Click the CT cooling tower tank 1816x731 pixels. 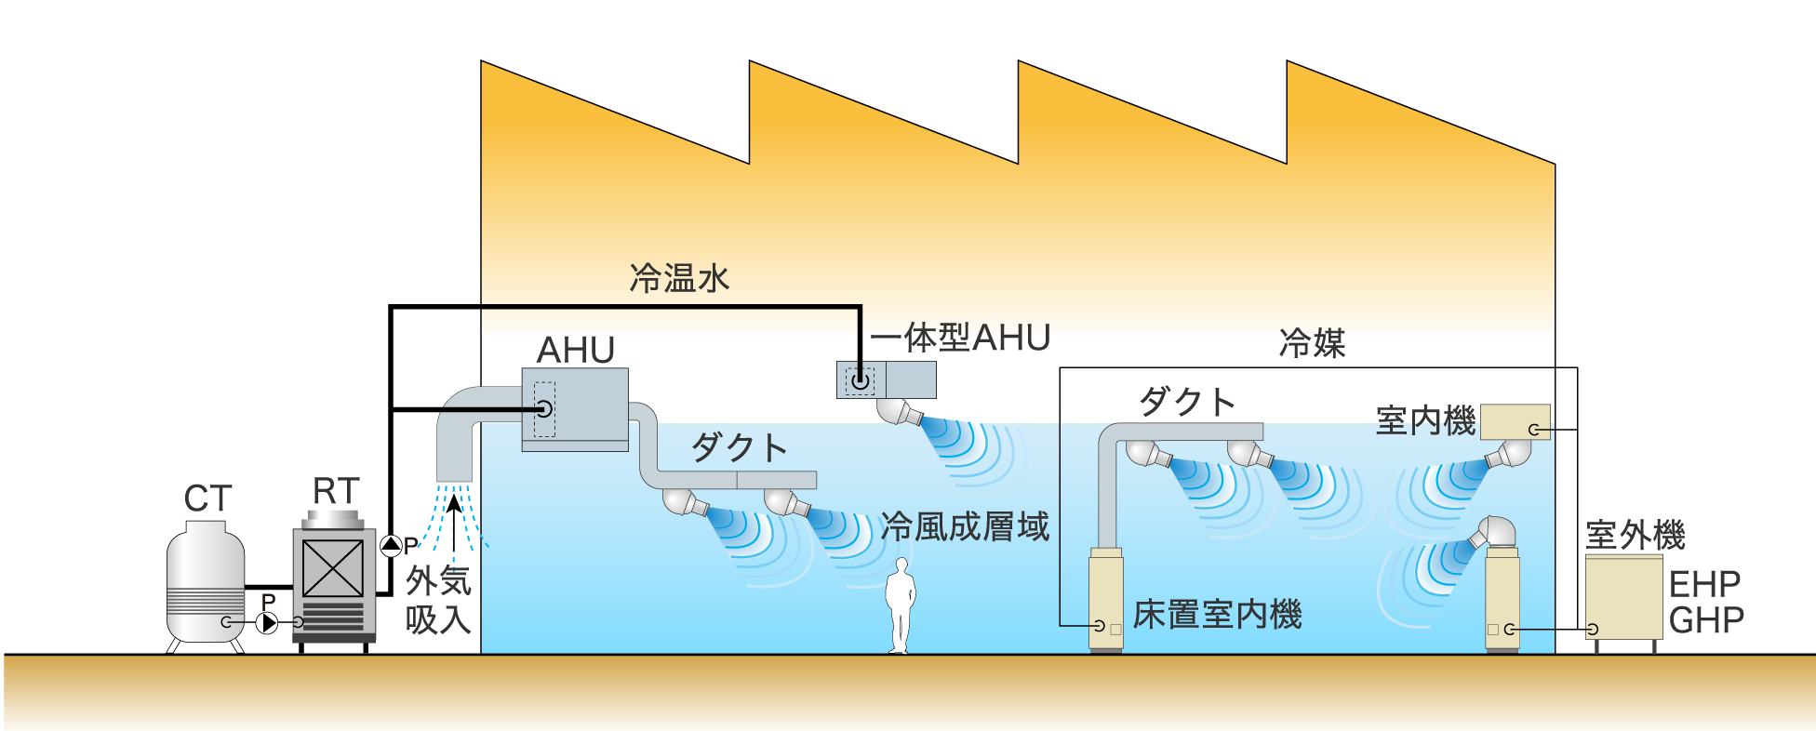click(x=206, y=584)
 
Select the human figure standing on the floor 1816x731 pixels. click(x=900, y=605)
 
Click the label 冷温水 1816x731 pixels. click(x=679, y=278)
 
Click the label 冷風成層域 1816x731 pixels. click(x=965, y=527)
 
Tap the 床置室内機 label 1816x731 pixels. click(x=1217, y=615)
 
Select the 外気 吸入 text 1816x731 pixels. click(x=438, y=600)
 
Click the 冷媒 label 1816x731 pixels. click(x=1312, y=344)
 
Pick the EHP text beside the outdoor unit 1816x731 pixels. click(x=1704, y=584)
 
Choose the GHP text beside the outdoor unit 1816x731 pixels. click(x=1706, y=620)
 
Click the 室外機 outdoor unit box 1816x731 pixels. click(x=1623, y=598)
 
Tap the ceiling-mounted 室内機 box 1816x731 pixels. click(x=1515, y=422)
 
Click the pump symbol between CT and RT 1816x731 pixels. click(x=267, y=622)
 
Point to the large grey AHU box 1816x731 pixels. click(x=575, y=407)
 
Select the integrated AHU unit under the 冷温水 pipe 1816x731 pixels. click(x=886, y=379)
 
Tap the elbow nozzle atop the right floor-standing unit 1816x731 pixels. click(x=1495, y=533)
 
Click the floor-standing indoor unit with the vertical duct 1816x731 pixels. click(x=1106, y=600)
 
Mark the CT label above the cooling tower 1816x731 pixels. click(x=207, y=499)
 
